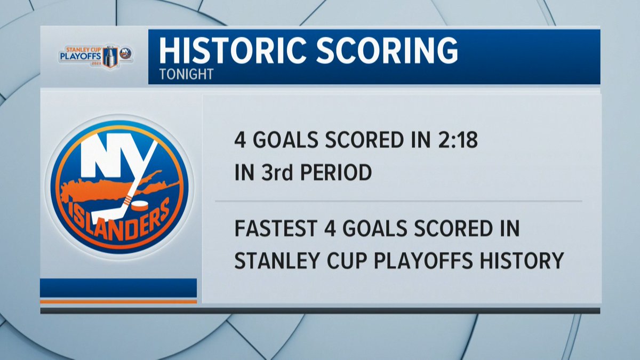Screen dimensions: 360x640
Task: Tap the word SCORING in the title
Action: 381,52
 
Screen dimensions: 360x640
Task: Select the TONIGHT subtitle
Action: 186,74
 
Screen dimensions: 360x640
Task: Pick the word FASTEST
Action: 280,230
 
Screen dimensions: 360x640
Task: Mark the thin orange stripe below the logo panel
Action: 118,301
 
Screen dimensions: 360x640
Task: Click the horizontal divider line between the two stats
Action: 398,201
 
